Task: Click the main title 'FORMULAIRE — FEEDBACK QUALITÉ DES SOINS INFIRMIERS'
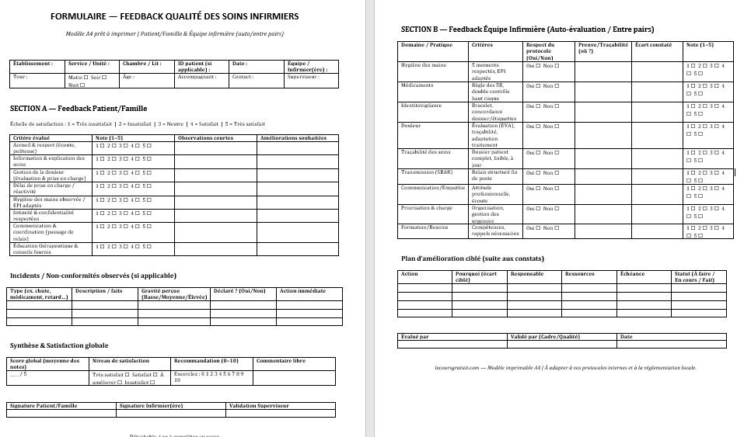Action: tap(174, 16)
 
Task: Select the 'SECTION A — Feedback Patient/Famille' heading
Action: tap(79, 109)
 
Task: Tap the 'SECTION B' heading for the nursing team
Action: tap(527, 29)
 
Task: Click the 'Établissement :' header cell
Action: tap(33, 64)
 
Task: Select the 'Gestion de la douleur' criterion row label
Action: tap(49, 175)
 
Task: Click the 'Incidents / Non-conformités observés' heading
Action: tap(93, 276)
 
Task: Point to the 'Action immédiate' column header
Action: tap(302, 291)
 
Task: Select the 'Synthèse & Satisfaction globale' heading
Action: tap(59, 345)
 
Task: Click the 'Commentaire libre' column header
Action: tap(281, 361)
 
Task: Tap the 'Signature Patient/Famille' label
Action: tap(44, 405)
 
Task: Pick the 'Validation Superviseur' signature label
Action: tap(259, 405)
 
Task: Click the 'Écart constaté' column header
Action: tap(653, 45)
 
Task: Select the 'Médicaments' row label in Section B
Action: tap(417, 85)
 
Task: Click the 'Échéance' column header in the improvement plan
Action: tap(632, 274)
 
